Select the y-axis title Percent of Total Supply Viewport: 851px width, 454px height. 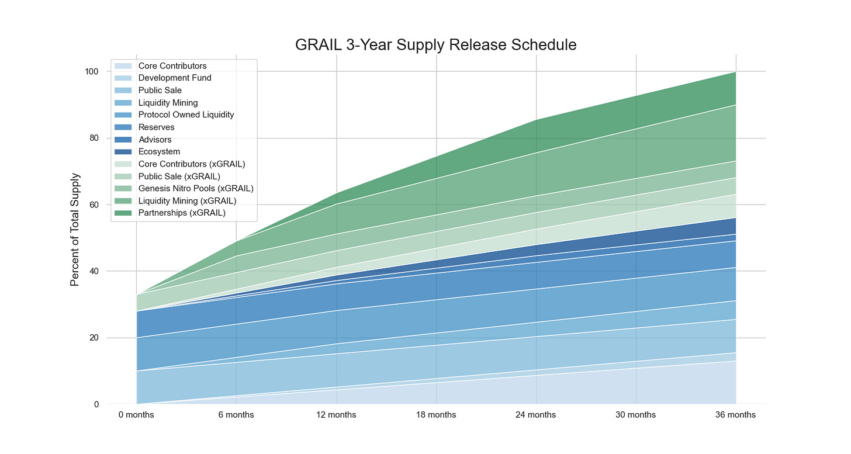point(74,230)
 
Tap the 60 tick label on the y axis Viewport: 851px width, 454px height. point(92,205)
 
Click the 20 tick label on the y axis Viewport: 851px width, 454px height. point(92,338)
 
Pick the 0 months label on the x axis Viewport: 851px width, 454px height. point(136,415)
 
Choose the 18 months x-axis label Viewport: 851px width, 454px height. point(436,415)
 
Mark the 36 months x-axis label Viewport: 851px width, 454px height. point(736,415)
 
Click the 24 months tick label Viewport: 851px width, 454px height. point(536,415)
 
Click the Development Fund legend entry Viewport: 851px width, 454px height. point(175,78)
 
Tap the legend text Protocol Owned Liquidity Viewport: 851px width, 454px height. point(186,115)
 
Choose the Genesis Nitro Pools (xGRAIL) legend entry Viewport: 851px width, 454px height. point(196,188)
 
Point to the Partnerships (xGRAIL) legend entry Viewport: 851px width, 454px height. point(182,213)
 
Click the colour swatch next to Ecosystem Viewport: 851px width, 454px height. point(123,152)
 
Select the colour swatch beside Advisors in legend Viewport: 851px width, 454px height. point(123,140)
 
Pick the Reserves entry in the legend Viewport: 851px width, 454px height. point(156,127)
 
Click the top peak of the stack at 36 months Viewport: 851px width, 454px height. point(736,72)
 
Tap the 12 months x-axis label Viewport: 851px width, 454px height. point(336,415)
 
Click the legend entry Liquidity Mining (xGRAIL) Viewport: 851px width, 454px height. point(187,200)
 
